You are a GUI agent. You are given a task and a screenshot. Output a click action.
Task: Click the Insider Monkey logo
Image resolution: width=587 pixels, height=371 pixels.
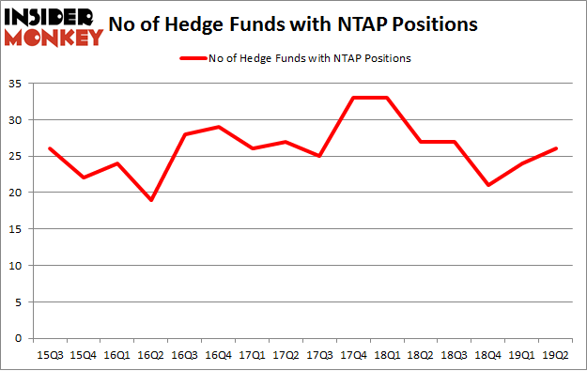pos(54,26)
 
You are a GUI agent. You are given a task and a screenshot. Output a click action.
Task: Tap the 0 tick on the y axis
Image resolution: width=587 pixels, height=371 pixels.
pos(19,338)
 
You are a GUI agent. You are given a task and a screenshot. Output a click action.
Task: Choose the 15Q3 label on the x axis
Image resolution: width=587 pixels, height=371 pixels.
pos(49,355)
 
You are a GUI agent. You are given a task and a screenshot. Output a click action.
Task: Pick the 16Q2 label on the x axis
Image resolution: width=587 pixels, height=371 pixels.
pos(150,355)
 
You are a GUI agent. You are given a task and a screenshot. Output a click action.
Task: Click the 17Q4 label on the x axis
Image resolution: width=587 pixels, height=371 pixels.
pos(353,355)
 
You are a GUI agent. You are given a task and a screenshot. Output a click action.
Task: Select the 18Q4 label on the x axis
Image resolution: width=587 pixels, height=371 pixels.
pos(488,355)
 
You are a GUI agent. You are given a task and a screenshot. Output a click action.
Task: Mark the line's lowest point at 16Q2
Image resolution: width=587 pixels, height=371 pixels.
pos(150,200)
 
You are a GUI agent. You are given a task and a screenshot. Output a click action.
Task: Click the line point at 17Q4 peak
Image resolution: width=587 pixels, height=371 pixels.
pos(353,98)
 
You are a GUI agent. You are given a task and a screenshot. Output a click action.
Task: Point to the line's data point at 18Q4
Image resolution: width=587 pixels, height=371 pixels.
pos(488,185)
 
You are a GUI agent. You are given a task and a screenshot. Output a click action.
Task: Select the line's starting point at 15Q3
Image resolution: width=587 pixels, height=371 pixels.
pos(49,148)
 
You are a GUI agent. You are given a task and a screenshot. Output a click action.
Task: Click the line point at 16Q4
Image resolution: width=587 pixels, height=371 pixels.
pos(218,127)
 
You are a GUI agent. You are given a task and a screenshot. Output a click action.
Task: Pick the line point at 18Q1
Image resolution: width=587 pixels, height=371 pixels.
pos(387,98)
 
